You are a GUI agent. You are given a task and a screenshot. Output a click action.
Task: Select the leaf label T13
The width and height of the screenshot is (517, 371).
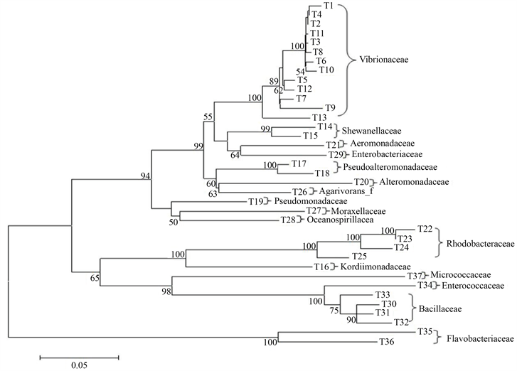319,117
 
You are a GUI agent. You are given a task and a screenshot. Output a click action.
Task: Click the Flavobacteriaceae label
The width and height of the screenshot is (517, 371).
479,339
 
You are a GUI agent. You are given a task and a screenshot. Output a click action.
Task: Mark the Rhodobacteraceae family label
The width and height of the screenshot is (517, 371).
479,244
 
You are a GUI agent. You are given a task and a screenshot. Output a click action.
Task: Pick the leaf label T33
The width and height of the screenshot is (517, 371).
383,294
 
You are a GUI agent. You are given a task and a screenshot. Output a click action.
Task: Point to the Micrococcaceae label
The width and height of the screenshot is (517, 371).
466,275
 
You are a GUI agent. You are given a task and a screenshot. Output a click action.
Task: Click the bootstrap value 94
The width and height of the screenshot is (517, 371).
146,176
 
